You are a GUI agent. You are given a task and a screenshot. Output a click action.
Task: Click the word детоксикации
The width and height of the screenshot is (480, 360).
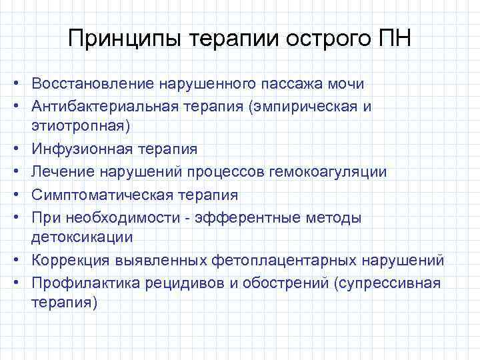click(x=81, y=237)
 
